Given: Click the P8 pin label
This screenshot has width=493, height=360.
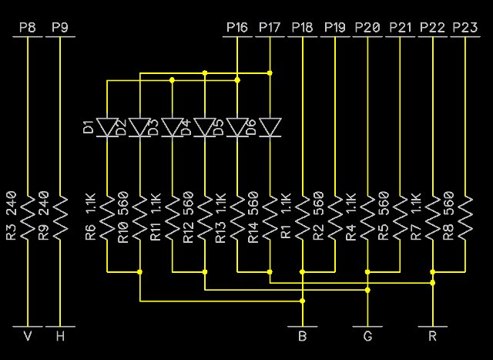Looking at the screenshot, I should click(27, 28).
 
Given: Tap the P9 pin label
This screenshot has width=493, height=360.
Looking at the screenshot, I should click(59, 28).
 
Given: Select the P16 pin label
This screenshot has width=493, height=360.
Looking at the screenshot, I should click(237, 28).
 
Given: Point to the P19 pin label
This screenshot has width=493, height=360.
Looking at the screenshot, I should click(335, 28).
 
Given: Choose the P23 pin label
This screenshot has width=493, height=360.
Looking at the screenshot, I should click(464, 28).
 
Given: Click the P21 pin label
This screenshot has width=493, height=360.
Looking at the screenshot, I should click(401, 28).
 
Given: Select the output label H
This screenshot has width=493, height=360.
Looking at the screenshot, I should click(59, 336).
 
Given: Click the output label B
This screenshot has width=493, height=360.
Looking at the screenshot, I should click(303, 336).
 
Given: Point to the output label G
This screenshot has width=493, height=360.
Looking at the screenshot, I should click(367, 336).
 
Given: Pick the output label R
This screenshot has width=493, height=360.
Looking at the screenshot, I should click(432, 336).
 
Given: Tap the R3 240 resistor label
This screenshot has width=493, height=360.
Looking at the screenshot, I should click(11, 216).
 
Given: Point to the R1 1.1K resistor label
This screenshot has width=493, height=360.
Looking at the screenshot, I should click(285, 216).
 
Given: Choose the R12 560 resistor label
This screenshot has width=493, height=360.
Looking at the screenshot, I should click(188, 216).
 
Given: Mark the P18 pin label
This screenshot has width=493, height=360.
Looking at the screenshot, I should click(303, 28).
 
